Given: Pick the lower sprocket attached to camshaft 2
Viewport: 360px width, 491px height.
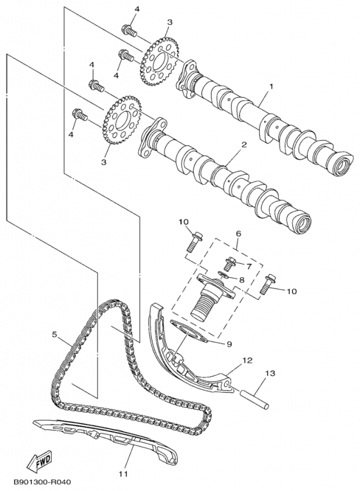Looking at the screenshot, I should (121, 120).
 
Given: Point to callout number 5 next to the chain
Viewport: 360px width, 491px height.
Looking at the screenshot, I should (54, 334).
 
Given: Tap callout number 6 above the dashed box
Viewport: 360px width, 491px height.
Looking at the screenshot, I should (238, 234).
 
